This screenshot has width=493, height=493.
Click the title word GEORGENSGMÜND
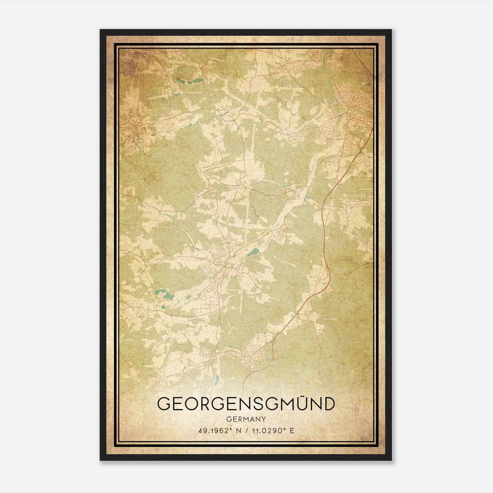click(246, 404)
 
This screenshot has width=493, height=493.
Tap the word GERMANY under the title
click(246, 419)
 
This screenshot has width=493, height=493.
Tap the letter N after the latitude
click(237, 430)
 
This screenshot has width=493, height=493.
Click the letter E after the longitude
click(292, 430)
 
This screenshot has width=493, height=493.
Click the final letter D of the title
click(328, 404)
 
